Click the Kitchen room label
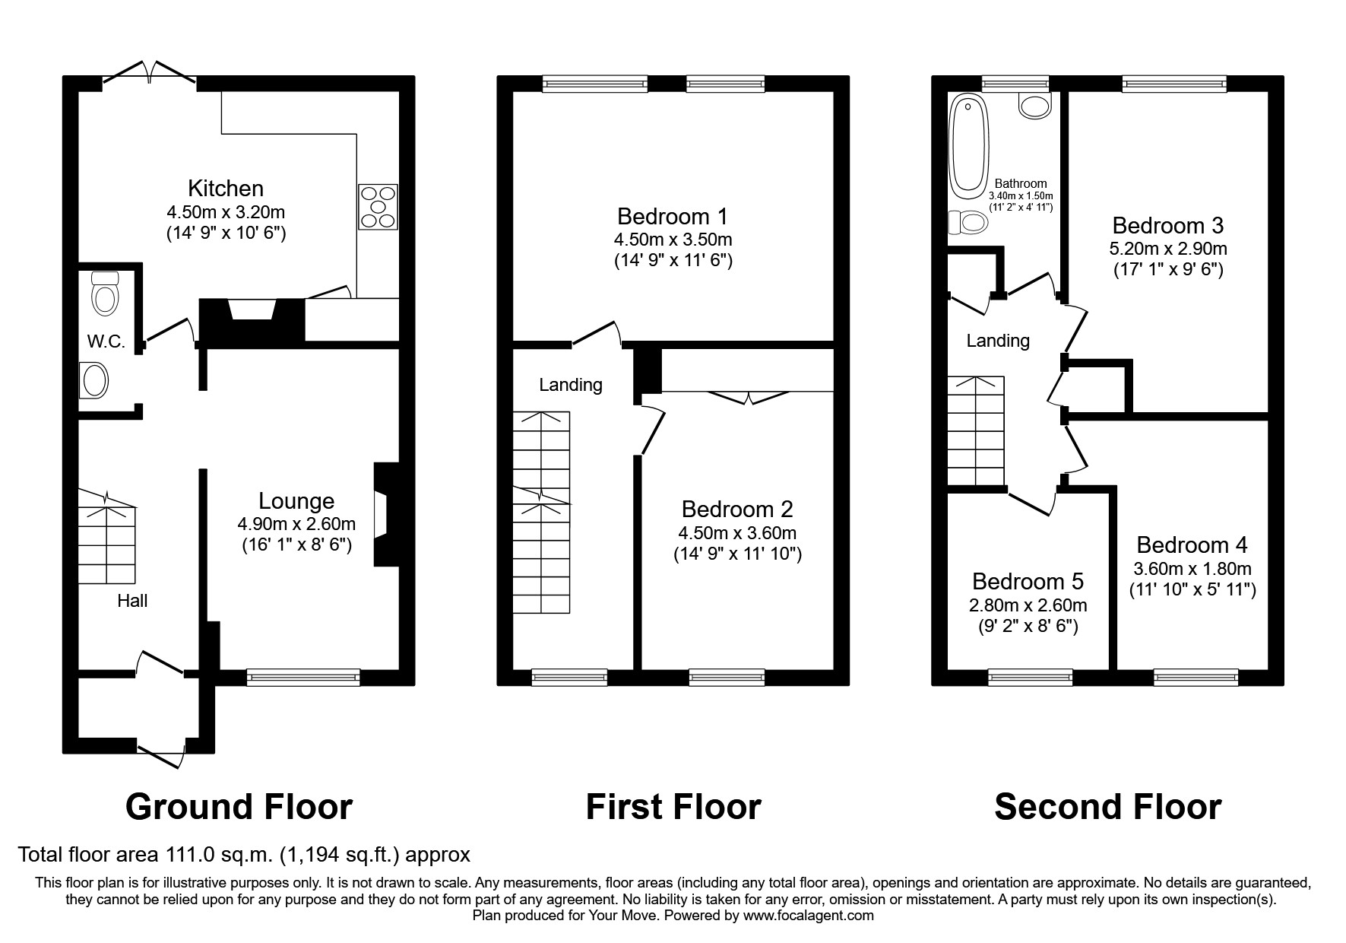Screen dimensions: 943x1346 (226, 188)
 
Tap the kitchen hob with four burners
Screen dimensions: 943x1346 (378, 207)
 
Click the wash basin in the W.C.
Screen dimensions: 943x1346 (94, 380)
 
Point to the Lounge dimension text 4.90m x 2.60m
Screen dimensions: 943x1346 (296, 523)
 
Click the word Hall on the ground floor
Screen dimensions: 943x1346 (132, 601)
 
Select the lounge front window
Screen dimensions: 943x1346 (303, 677)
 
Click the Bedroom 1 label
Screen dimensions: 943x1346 (673, 216)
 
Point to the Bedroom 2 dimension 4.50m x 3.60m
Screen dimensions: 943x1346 (737, 532)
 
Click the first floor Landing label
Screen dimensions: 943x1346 (571, 385)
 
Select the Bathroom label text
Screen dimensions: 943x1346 (1021, 183)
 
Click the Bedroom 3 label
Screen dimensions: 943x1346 (1168, 225)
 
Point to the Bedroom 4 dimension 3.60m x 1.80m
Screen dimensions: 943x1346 (1192, 568)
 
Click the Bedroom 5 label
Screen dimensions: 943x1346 (1028, 581)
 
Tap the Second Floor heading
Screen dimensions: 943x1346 (1107, 807)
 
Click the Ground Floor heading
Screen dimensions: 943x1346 (239, 807)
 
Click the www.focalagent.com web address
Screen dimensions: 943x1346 (809, 916)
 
